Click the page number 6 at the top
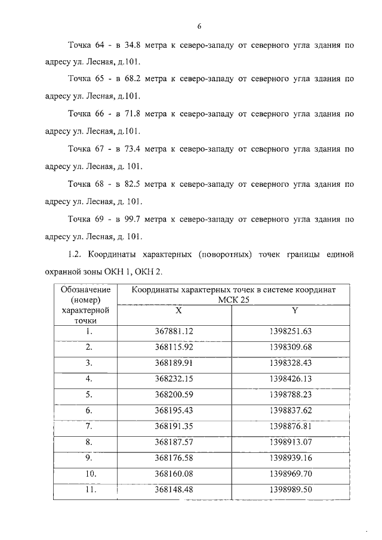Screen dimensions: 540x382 (x=200, y=26)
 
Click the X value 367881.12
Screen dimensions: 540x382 (x=174, y=331)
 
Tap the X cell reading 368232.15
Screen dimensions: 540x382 (x=174, y=378)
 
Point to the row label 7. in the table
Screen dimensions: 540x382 (x=89, y=426)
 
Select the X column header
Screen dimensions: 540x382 (x=178, y=311)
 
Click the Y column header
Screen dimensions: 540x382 (x=295, y=311)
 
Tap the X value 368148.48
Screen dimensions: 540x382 (x=174, y=490)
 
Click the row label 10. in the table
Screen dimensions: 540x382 (x=89, y=474)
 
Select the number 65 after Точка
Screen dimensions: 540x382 (x=100, y=79)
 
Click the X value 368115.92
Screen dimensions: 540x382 (x=174, y=347)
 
